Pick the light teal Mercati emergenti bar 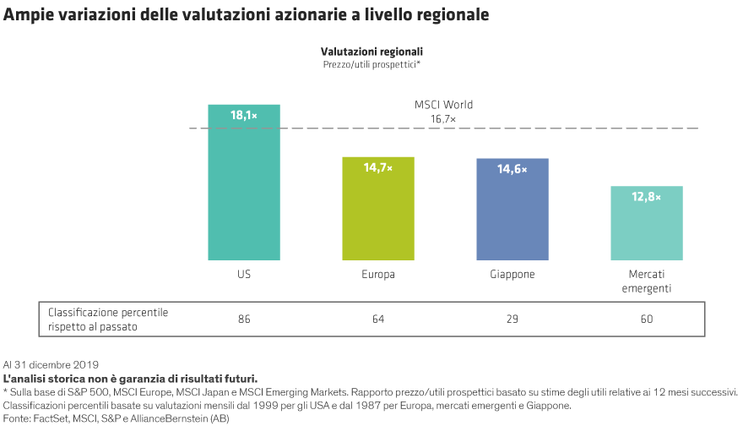pyautogui.click(x=646, y=228)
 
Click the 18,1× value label pyautogui.click(x=244, y=116)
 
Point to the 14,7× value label pyautogui.click(x=378, y=168)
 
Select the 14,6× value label pyautogui.click(x=512, y=169)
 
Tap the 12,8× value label pyautogui.click(x=646, y=197)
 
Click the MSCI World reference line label pyautogui.click(x=443, y=105)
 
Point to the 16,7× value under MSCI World pyautogui.click(x=443, y=119)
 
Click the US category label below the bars pyautogui.click(x=244, y=275)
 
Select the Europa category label pyautogui.click(x=378, y=275)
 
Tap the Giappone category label pyautogui.click(x=512, y=275)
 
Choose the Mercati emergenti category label pyautogui.click(x=646, y=281)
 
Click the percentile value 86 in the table pyautogui.click(x=244, y=319)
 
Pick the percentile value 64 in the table pyautogui.click(x=378, y=319)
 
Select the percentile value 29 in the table pyautogui.click(x=512, y=319)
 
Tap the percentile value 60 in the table pyautogui.click(x=646, y=319)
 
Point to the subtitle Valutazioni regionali pyautogui.click(x=371, y=51)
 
